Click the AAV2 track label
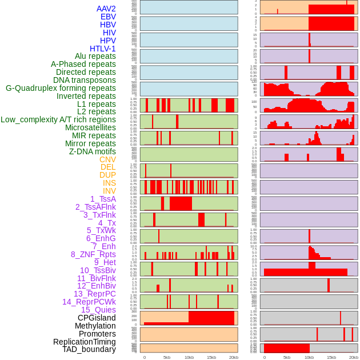[106, 9]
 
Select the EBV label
[108, 17]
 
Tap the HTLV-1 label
[103, 49]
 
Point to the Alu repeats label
[95, 56]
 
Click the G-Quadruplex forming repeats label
[61, 88]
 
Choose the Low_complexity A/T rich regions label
[58, 119]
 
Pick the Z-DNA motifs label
[93, 151]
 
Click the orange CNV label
[107, 159]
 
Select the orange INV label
[109, 191]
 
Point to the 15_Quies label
[98, 310]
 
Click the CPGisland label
[97, 318]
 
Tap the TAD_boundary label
[89, 349]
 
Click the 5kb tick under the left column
[167, 357]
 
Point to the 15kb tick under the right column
[331, 357]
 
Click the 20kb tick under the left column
[234, 357]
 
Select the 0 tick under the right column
[264, 357]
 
